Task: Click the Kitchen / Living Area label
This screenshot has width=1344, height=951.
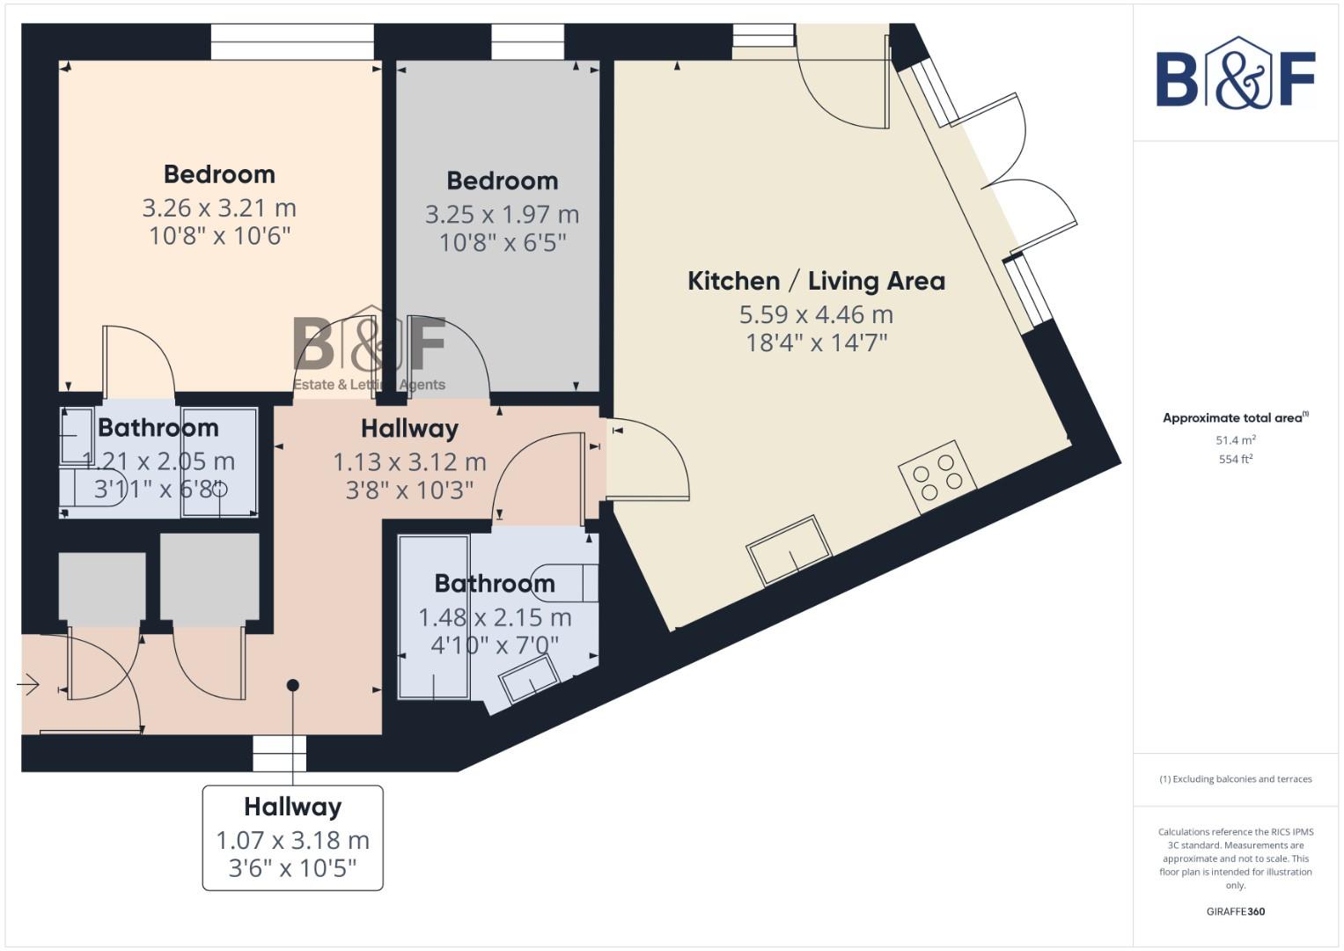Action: click(x=816, y=281)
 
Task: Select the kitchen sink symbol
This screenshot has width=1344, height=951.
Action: click(x=789, y=550)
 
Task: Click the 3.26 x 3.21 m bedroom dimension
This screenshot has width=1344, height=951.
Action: click(x=219, y=208)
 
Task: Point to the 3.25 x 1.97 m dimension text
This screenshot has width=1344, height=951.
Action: click(x=502, y=214)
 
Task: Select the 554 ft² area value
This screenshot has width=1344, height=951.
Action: click(x=1235, y=459)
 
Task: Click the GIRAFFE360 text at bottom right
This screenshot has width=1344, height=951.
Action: click(x=1235, y=911)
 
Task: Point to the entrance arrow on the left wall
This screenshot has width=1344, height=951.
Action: click(x=28, y=684)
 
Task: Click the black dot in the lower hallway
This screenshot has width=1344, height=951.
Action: click(x=293, y=685)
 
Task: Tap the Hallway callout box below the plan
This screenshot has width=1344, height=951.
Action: click(x=293, y=837)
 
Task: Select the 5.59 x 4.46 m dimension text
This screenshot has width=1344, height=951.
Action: click(x=816, y=314)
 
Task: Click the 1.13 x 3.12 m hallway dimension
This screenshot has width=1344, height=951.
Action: click(x=409, y=461)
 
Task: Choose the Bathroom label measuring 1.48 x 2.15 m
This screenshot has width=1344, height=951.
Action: click(x=495, y=584)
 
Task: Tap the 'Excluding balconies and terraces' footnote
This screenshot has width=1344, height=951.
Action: click(x=1235, y=779)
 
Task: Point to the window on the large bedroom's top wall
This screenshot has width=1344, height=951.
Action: click(x=292, y=41)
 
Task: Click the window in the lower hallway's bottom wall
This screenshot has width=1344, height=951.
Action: click(x=280, y=754)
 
